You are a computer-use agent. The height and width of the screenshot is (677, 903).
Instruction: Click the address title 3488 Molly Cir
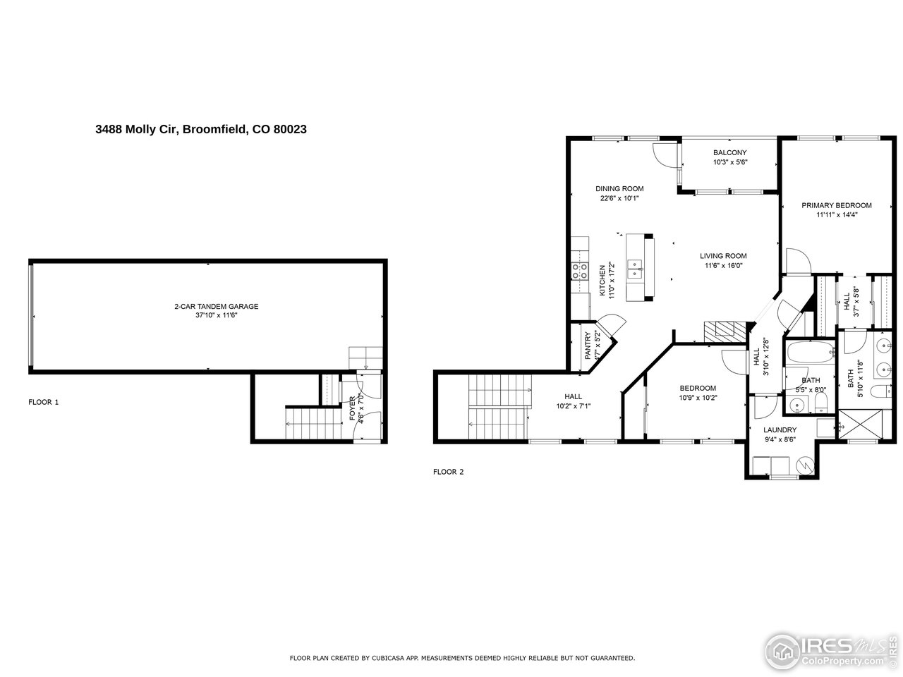[x=200, y=130]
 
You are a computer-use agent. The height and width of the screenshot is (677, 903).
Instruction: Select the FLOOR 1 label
[x=44, y=402]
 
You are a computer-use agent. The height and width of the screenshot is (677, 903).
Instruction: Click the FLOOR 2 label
[x=448, y=472]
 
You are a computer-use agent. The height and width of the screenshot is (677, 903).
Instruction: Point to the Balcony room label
[x=729, y=153]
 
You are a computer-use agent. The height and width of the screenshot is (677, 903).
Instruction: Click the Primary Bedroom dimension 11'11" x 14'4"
[x=836, y=214]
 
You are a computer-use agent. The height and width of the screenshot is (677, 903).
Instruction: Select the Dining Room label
[x=619, y=189]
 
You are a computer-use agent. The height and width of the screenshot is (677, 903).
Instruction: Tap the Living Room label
[x=723, y=256]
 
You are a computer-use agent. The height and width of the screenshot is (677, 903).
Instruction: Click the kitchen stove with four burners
[x=580, y=272]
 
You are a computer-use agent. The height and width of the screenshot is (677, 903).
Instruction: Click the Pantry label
[x=588, y=346]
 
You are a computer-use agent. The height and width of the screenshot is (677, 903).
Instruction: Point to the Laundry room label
[x=780, y=430]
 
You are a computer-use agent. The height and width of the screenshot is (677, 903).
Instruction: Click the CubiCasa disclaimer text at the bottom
[x=462, y=658]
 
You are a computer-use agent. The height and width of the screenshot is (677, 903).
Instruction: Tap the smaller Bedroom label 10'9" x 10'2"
[x=698, y=392]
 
